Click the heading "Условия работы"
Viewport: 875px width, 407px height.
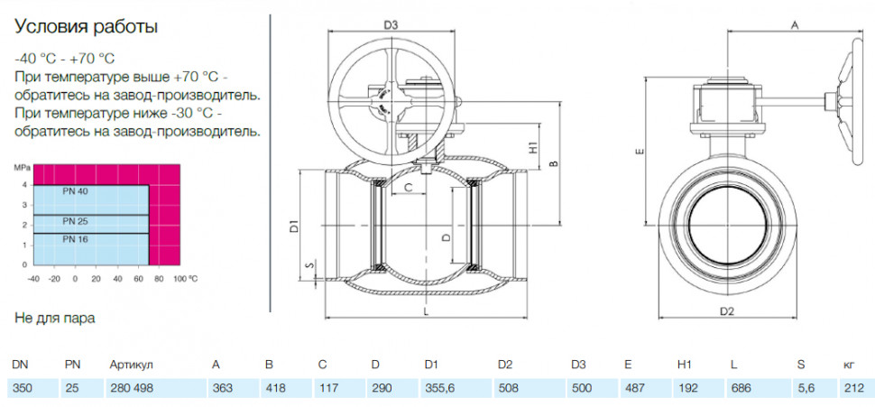tap(86, 27)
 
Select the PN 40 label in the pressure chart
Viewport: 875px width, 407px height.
tap(76, 191)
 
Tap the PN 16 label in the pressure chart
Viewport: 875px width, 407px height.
tap(76, 239)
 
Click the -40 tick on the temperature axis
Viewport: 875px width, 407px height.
tap(33, 277)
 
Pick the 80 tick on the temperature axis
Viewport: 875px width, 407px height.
tap(159, 277)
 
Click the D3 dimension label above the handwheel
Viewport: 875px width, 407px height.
tap(391, 25)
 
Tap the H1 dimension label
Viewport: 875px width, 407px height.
tap(534, 148)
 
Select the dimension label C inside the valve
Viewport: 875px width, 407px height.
tap(408, 188)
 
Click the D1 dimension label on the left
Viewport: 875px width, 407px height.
tap(296, 227)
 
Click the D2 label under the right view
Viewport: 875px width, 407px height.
tap(726, 312)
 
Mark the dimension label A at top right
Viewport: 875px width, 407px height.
tap(796, 25)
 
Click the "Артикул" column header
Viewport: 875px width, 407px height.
tap(131, 365)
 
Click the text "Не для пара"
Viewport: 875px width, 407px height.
tap(55, 319)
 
